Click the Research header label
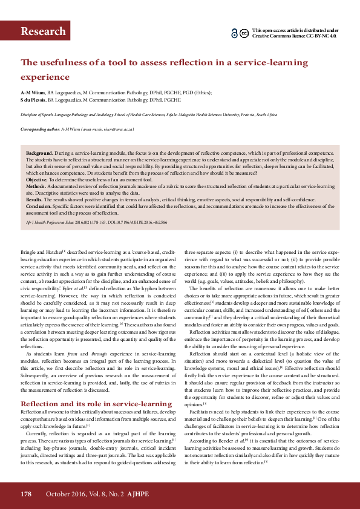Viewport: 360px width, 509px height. [x=43, y=32]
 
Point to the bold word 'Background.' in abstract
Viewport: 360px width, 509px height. [x=39, y=154]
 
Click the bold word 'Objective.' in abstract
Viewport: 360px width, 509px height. [x=37, y=181]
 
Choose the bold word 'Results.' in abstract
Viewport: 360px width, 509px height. [x=34, y=199]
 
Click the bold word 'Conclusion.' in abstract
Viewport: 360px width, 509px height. [x=39, y=206]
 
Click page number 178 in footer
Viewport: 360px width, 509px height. [x=26, y=494]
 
